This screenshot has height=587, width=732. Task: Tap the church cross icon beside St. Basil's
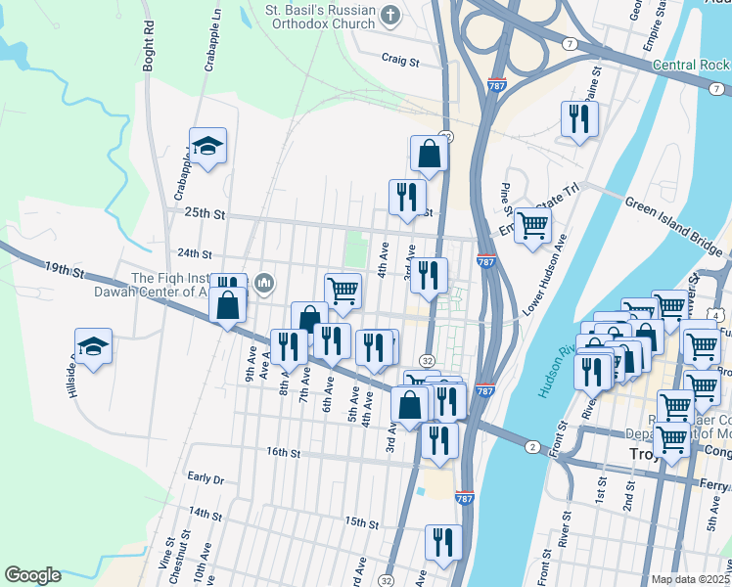tap(390, 15)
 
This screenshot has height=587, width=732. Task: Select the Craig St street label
tap(400, 61)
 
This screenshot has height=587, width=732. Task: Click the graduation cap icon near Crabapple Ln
tap(207, 147)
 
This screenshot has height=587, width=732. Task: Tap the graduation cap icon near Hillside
tap(93, 346)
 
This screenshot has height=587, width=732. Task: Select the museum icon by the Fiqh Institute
tap(263, 284)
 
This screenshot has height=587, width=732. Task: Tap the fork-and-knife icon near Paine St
tap(579, 119)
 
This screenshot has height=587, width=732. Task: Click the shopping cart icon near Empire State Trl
tap(531, 225)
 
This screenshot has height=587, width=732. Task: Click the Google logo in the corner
tap(32, 575)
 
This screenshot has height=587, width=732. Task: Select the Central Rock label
tap(691, 66)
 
